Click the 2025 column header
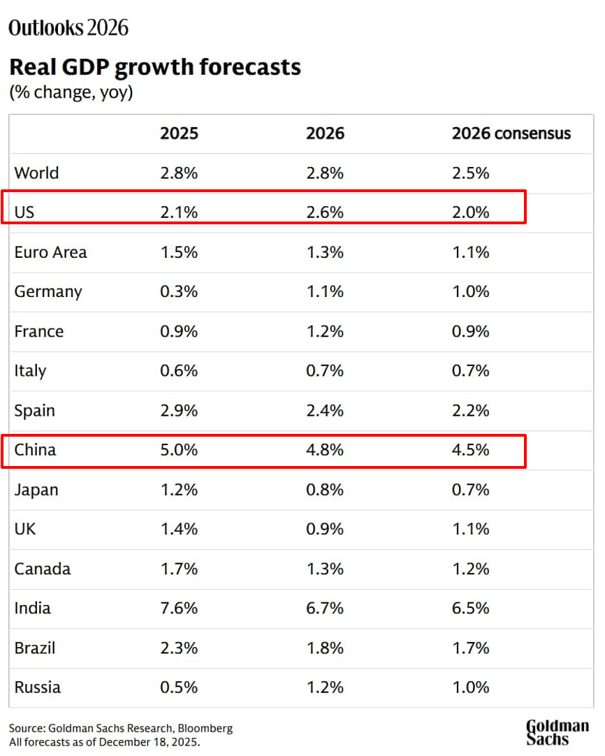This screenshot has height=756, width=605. (x=179, y=133)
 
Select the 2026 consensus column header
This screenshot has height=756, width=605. (x=511, y=133)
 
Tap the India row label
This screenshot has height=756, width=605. (x=33, y=608)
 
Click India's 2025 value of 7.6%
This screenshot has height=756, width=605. (x=179, y=608)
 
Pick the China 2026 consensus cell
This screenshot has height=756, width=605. (x=471, y=450)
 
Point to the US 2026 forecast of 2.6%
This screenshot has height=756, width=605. (x=325, y=212)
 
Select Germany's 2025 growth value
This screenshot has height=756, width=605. (x=179, y=291)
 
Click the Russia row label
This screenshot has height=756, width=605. (x=38, y=687)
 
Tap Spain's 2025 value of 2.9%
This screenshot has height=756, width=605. (x=179, y=410)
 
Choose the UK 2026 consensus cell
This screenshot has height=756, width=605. (x=471, y=529)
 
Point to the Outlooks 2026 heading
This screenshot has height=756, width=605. (x=68, y=27)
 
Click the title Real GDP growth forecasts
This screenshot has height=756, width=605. (x=154, y=67)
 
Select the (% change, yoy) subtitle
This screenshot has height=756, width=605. (x=71, y=92)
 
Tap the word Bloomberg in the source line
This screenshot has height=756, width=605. (x=205, y=728)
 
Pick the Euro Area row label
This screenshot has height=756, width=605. (x=51, y=252)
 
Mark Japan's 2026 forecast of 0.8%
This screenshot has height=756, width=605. (x=325, y=489)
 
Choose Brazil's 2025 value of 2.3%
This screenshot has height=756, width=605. (x=179, y=648)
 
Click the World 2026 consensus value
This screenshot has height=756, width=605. (x=471, y=173)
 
